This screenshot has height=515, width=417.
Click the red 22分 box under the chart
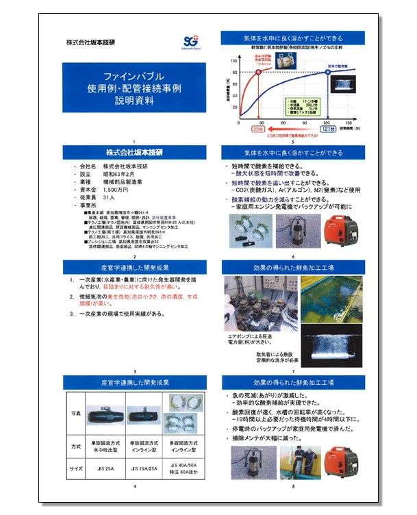click(x=258, y=128)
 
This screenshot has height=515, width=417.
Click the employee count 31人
click(x=110, y=197)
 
